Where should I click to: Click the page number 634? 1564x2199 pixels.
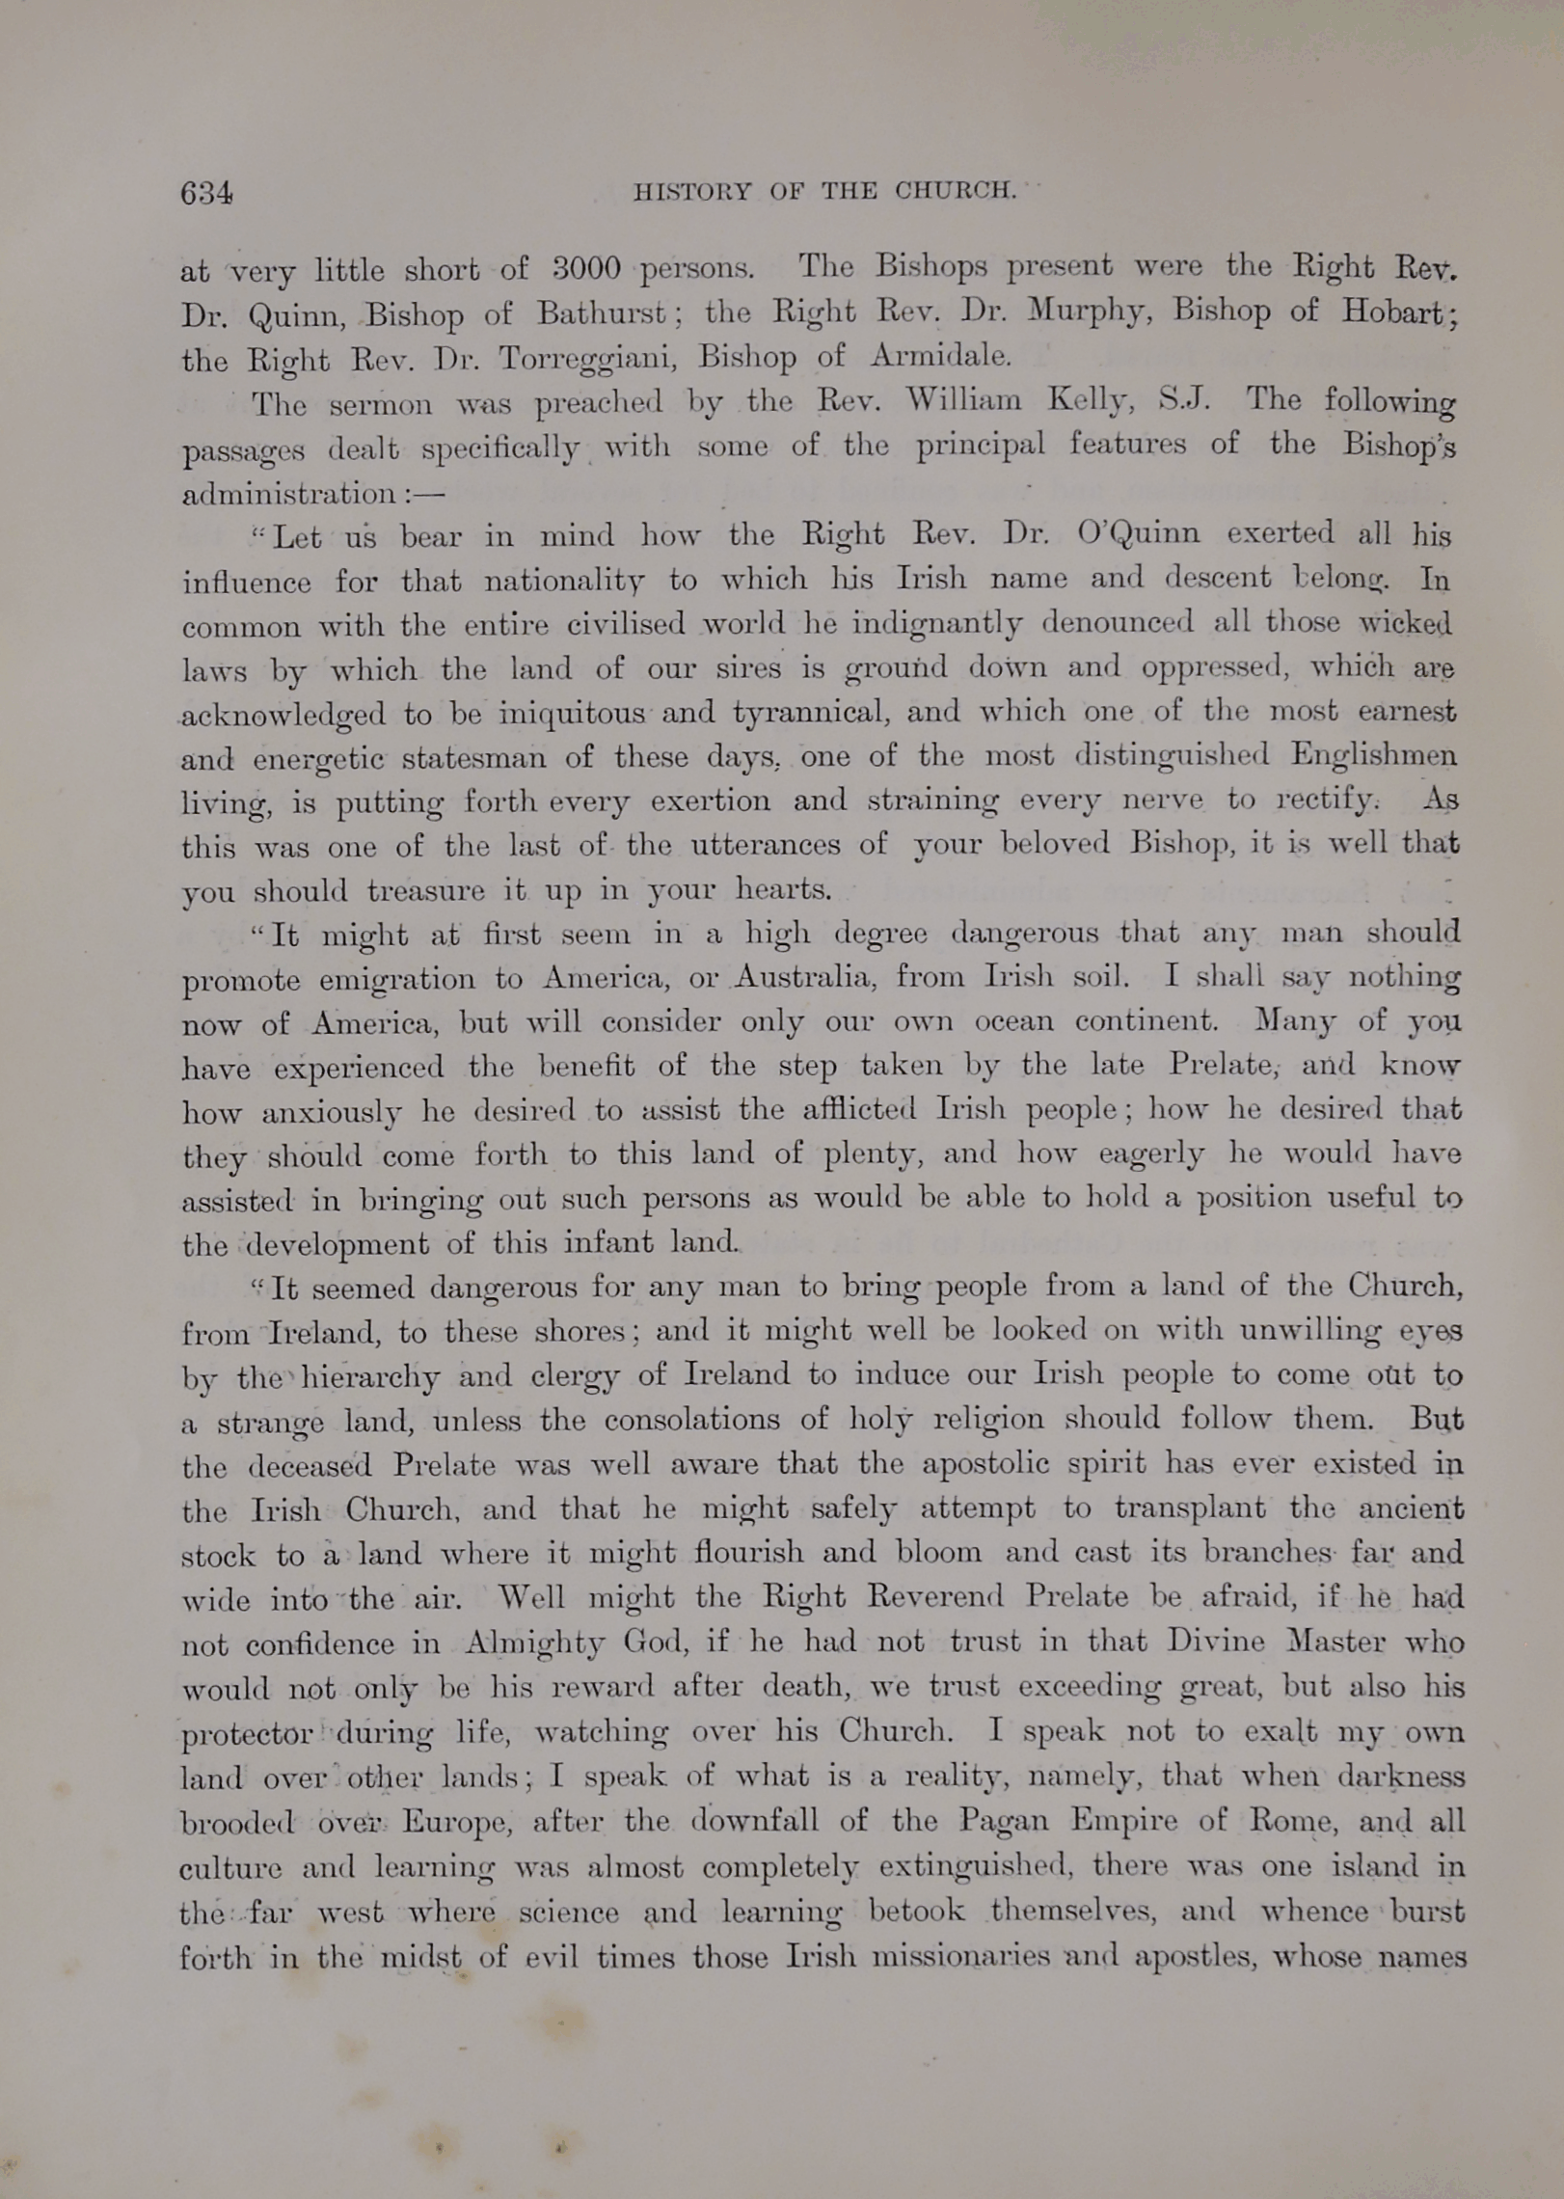point(205,194)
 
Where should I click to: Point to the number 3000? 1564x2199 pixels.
point(585,267)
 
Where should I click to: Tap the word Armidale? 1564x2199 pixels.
point(940,357)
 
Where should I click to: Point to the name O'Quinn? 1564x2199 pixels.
point(1138,533)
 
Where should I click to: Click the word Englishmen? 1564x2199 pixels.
point(1374,755)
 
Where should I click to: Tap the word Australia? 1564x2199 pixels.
point(804,977)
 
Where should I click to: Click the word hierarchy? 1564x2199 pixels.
point(370,1377)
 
